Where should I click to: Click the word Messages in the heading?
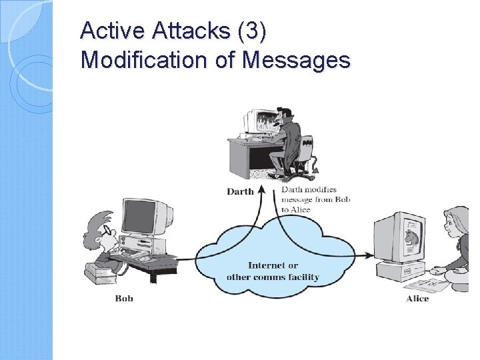click(296, 60)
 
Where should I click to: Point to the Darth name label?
click(240, 191)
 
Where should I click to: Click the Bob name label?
click(124, 298)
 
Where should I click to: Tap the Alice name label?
click(417, 298)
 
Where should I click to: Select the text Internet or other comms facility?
click(273, 271)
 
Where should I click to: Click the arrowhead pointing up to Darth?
click(262, 189)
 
